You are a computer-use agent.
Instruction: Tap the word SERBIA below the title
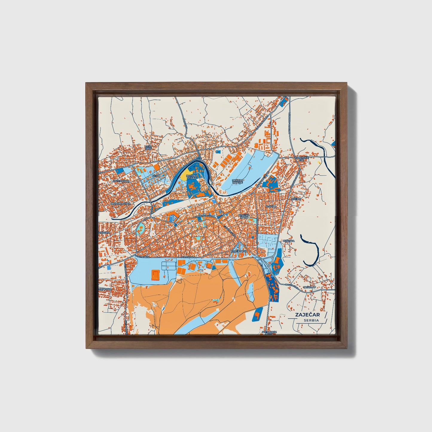point(311,320)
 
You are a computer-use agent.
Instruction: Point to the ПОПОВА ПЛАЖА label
point(192,177)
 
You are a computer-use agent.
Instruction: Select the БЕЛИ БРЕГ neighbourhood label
point(148,148)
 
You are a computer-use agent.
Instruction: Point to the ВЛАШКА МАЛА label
point(244,216)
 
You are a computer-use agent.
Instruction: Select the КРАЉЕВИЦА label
point(239,252)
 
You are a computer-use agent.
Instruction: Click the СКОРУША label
point(105,290)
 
